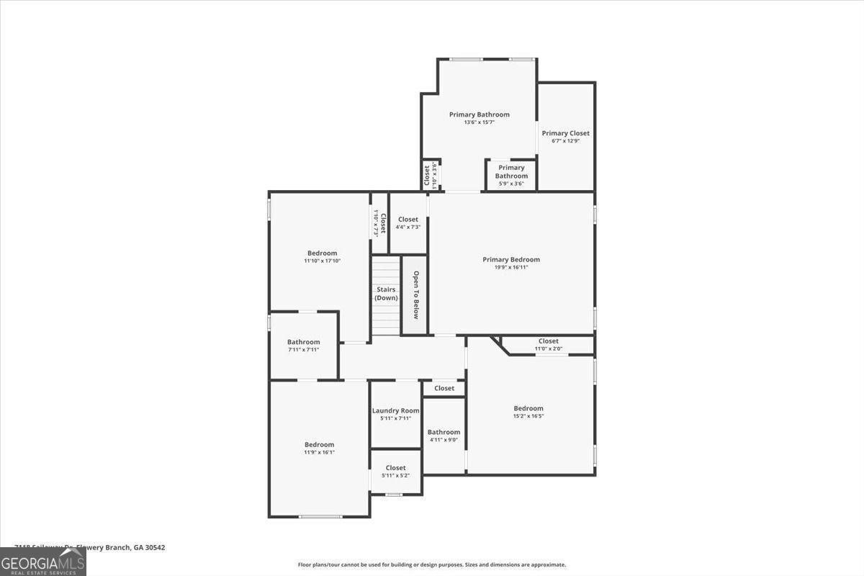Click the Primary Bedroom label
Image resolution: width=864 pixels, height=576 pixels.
pos(510,259)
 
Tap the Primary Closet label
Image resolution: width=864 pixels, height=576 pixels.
pos(565,133)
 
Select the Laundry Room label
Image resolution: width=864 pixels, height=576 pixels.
pos(395,410)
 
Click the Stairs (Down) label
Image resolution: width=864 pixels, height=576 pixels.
pos(386,294)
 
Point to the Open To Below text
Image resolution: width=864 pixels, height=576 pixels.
pos(415,294)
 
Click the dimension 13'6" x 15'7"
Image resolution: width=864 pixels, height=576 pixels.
pos(479,122)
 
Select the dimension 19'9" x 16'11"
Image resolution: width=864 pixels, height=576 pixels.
pos(510,268)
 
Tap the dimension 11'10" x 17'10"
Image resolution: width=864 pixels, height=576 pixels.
pos(322,261)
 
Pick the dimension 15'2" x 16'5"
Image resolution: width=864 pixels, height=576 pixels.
pos(528,416)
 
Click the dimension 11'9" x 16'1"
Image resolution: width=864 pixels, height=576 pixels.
pos(319,452)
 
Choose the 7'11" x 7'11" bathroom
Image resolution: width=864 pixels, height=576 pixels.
pos(303,346)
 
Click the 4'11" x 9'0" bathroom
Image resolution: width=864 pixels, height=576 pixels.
pos(444,436)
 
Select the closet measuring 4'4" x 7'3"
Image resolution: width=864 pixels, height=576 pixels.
pos(408,223)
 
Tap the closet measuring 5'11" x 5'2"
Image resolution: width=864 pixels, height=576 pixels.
pos(395,472)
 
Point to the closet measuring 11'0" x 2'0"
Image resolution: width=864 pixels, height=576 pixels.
pos(548,345)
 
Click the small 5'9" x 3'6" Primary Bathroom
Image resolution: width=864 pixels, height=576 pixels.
pos(511,176)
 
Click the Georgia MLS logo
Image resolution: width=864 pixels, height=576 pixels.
pos(42,562)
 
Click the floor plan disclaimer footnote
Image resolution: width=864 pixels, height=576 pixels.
pos(432,564)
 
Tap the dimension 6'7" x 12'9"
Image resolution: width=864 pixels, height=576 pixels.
pos(565,141)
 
